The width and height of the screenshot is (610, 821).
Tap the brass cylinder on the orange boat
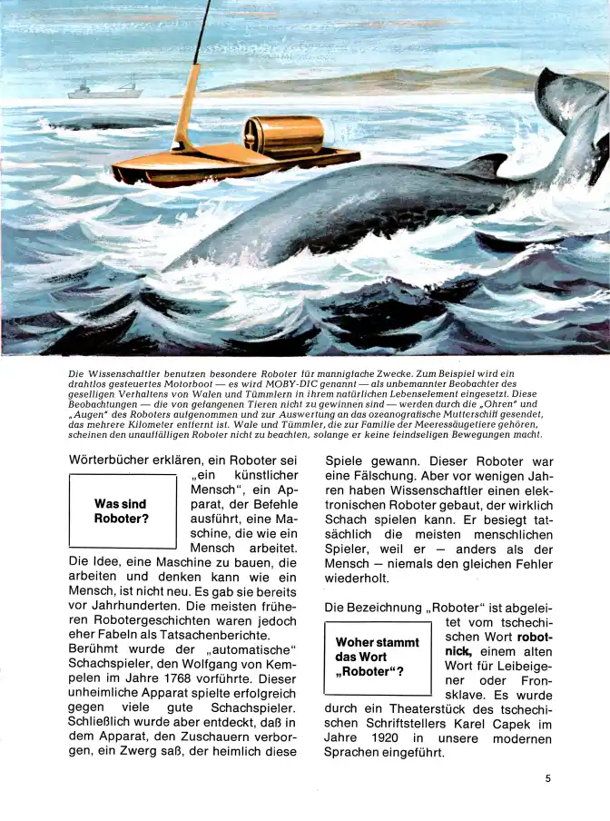coord(287,136)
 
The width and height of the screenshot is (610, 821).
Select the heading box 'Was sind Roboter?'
coord(122,511)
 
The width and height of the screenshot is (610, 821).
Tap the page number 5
coord(549,777)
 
